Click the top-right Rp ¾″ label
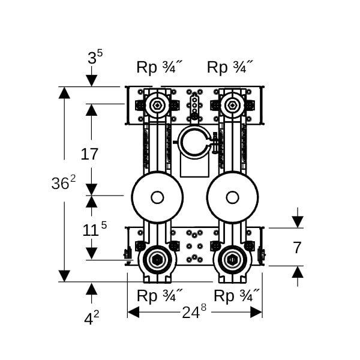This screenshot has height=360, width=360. pyautogui.click(x=230, y=67)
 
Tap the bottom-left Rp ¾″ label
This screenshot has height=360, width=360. pyautogui.click(x=160, y=296)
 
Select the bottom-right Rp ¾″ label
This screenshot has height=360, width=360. pyautogui.click(x=237, y=296)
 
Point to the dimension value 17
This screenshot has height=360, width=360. pyautogui.click(x=89, y=154)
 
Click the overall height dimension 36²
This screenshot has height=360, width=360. pyautogui.click(x=63, y=184)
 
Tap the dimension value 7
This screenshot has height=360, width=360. pyautogui.click(x=296, y=247)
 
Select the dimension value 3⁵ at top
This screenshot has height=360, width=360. pyautogui.click(x=95, y=58)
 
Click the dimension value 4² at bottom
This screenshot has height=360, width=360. pyautogui.click(x=91, y=318)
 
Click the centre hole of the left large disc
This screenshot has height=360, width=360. pyautogui.click(x=157, y=197)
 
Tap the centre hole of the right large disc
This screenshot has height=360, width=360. pyautogui.click(x=232, y=197)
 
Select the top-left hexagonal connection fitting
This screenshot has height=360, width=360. pyautogui.click(x=157, y=106)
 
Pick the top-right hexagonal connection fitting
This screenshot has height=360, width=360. pyautogui.click(x=232, y=106)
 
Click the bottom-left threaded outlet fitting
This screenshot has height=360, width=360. pyautogui.click(x=157, y=260)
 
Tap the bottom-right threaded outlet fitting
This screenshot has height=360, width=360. pyautogui.click(x=232, y=260)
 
